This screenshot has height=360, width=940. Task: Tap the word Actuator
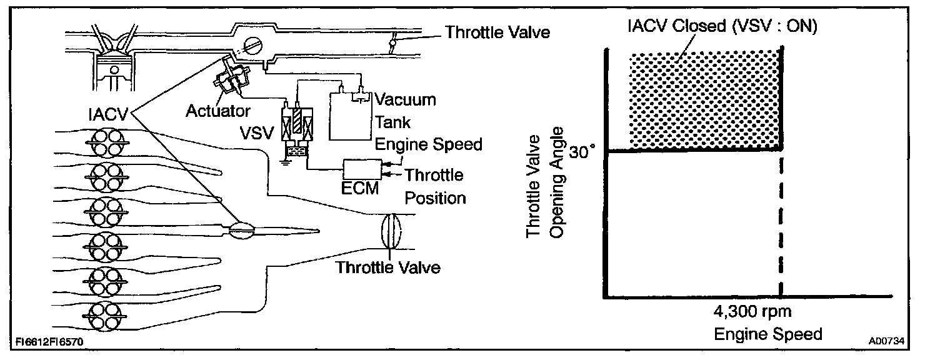point(218,111)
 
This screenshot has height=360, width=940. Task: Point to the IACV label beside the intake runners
point(108,114)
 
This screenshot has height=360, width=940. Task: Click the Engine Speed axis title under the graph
point(768,334)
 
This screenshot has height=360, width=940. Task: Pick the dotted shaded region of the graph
point(705,100)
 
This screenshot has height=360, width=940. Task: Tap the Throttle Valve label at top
point(497,32)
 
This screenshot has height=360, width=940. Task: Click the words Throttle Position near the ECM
point(435,186)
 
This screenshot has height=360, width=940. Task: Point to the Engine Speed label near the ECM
point(429,144)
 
